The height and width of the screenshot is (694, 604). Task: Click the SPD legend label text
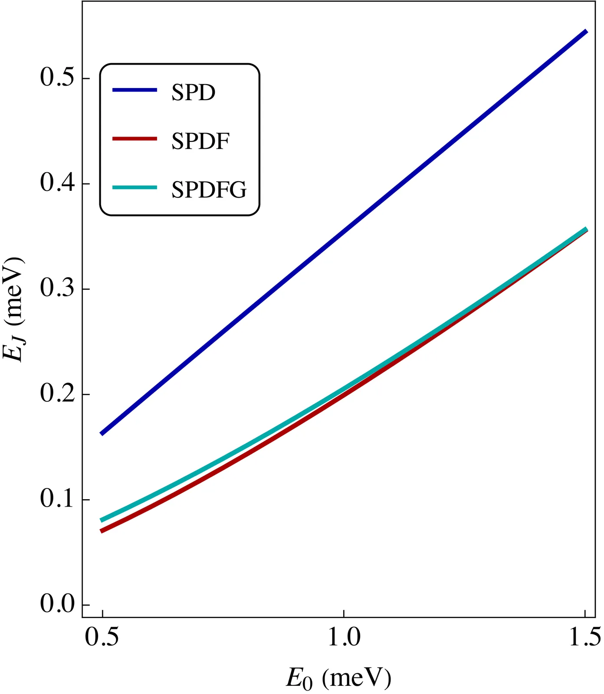[x=193, y=92]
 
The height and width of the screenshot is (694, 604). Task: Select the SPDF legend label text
[x=200, y=141]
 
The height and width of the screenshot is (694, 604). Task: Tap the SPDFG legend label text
[x=209, y=190]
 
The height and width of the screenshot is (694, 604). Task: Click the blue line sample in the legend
[x=135, y=90]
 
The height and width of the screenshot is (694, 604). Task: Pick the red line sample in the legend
[x=135, y=138]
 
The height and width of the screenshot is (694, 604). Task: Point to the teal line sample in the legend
[x=135, y=187]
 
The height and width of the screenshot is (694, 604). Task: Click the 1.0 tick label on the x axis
[x=344, y=637]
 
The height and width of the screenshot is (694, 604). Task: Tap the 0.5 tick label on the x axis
[x=102, y=637]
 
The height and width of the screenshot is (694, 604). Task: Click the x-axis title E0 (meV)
[x=338, y=678]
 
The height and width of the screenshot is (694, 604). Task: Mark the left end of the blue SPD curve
[x=102, y=433]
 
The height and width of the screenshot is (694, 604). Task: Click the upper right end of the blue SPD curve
[x=586, y=31]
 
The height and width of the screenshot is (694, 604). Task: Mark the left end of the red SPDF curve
[x=102, y=531]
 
